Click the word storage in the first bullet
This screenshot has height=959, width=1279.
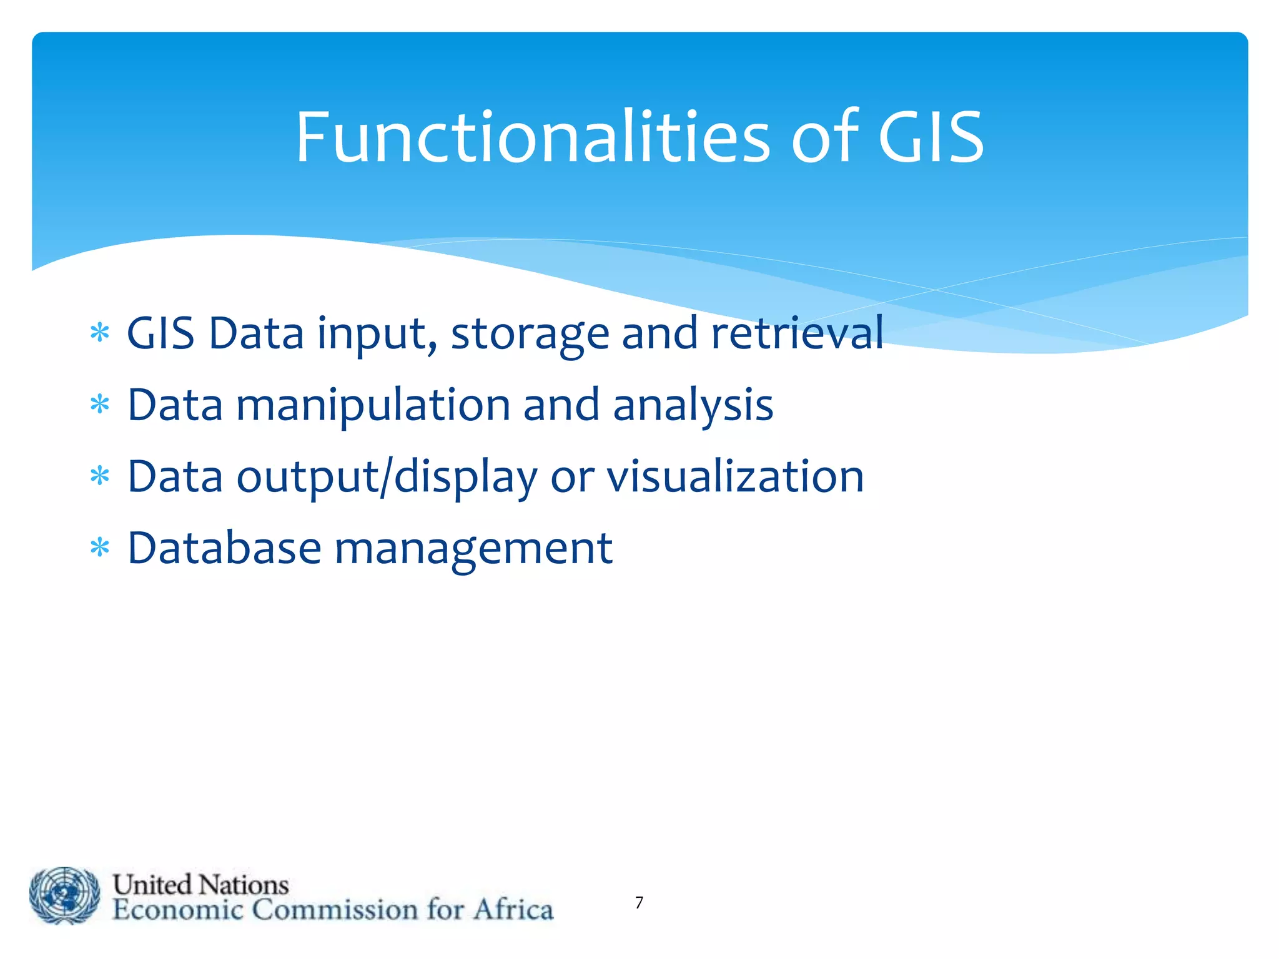(x=530, y=334)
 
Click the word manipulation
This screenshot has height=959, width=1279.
(x=373, y=405)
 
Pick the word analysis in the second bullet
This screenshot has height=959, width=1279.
(x=693, y=405)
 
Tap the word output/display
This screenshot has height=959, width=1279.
(x=387, y=477)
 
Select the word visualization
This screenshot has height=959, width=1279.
(x=736, y=476)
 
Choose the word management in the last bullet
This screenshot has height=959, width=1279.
(x=473, y=549)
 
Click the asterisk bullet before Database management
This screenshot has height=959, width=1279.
(x=100, y=549)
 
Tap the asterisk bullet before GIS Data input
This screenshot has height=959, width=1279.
(x=100, y=333)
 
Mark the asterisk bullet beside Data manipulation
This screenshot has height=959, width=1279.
(x=100, y=405)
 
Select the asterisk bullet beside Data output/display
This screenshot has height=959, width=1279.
(x=100, y=477)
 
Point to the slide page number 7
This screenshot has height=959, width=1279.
(x=639, y=902)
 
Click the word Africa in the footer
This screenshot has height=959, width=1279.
(x=513, y=909)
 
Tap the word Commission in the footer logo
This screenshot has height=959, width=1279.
(x=335, y=909)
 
